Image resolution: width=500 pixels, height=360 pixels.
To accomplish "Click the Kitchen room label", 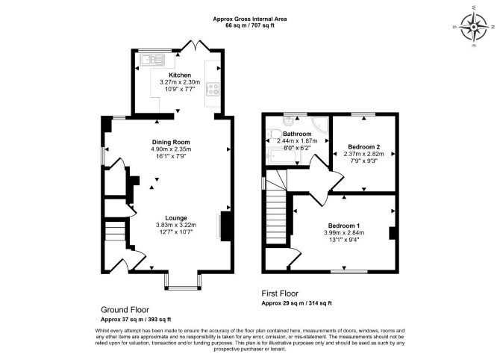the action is coord(180,75).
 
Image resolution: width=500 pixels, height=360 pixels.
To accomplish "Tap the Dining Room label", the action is coord(171,143).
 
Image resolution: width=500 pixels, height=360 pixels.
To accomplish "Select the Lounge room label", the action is coord(176,218).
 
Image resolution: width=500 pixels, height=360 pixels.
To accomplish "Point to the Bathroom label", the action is coord(297,134).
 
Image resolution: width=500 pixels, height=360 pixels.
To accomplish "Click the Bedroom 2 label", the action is coord(364,147).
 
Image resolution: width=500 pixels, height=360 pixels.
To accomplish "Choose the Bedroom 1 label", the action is coord(344,226).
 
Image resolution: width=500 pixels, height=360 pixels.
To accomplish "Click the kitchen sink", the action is coord(152,60).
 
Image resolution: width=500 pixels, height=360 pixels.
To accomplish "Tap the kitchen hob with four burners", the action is coord(213,90).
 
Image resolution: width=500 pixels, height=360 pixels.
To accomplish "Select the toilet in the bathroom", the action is coord(273,134).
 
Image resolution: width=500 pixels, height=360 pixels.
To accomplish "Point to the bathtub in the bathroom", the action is coord(284,156).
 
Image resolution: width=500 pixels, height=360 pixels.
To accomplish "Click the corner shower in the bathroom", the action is coord(319,124).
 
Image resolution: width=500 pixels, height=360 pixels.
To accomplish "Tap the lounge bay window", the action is coord(183,282).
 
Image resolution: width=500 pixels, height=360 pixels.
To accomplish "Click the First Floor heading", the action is coord(280,294).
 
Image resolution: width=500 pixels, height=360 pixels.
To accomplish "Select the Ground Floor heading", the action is coord(125,309).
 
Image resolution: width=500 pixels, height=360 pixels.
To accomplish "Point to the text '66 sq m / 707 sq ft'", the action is coord(250,25).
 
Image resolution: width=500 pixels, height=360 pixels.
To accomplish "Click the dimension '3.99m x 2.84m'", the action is coord(344,233).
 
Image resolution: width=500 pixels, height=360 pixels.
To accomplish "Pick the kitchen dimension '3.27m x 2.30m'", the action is coord(180,82).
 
